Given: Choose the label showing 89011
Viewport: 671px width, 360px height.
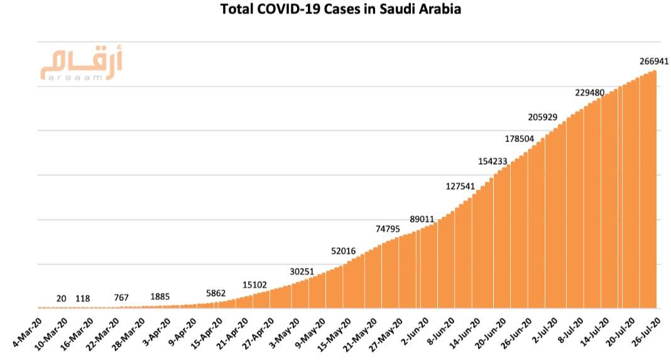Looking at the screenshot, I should click(x=422, y=219).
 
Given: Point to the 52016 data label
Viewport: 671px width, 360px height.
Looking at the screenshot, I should click(x=343, y=251).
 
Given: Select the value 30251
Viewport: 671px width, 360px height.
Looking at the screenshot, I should click(x=303, y=271).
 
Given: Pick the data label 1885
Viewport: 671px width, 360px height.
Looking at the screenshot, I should click(x=160, y=297).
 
